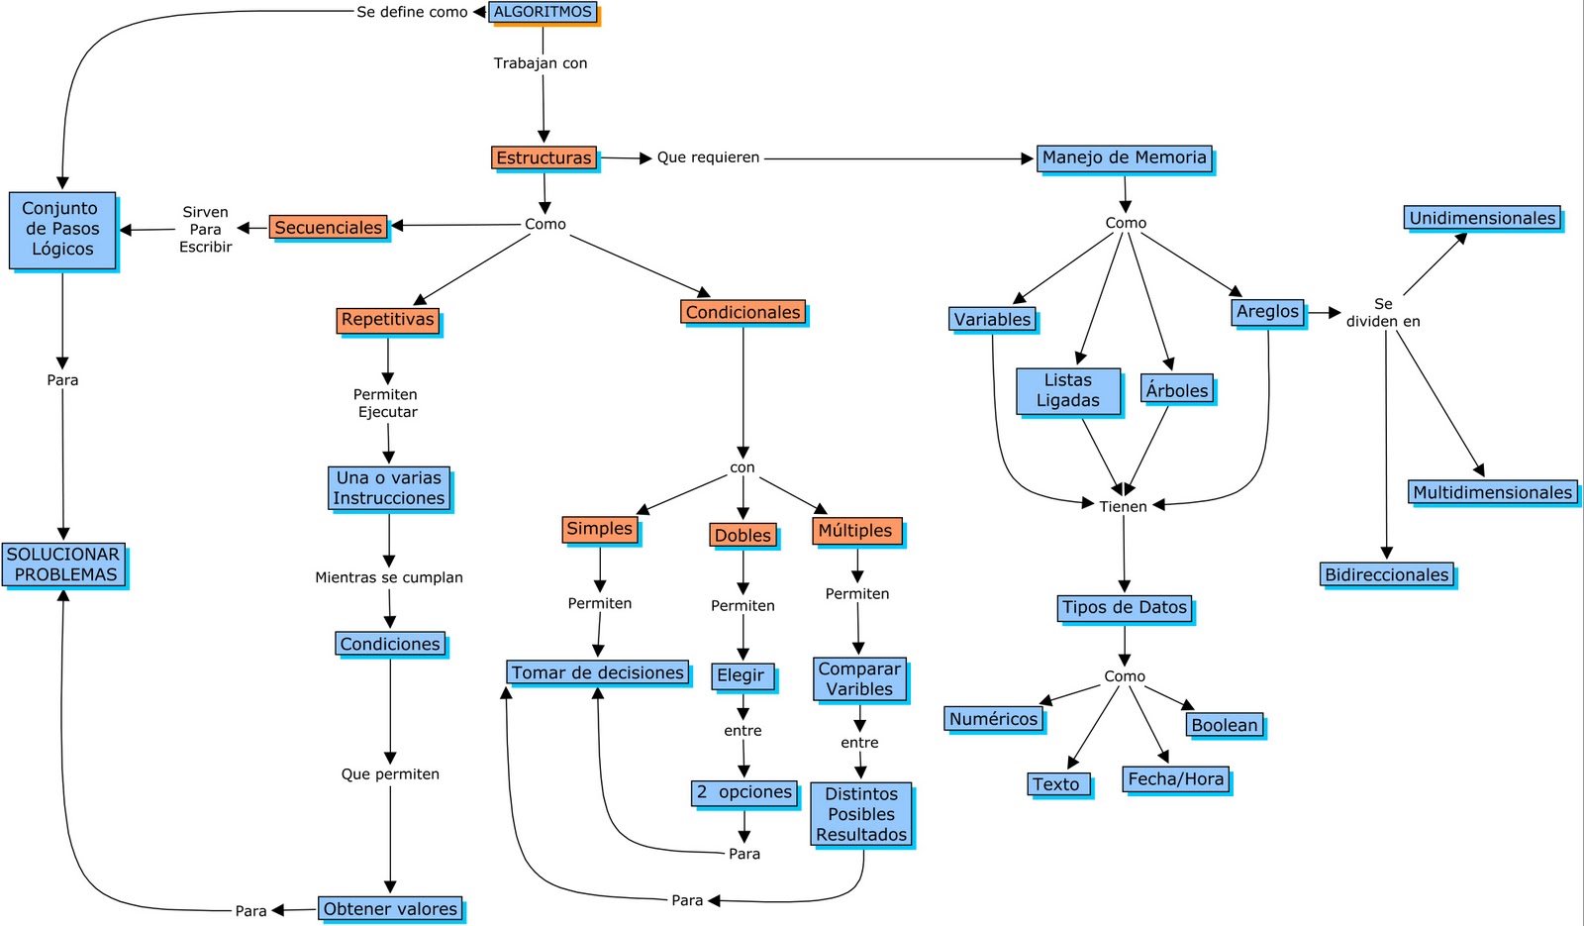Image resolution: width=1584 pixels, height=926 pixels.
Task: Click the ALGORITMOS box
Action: click(543, 12)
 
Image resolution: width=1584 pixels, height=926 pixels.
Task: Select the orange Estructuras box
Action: click(544, 157)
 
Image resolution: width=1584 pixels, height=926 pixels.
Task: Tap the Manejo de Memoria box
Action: click(1124, 157)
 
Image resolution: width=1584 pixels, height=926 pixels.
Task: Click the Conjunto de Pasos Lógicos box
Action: click(61, 230)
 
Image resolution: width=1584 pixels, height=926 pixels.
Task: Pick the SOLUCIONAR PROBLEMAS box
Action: click(63, 565)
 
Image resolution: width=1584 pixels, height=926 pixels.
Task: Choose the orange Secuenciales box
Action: click(328, 227)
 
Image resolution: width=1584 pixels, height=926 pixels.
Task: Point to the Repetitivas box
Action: click(387, 320)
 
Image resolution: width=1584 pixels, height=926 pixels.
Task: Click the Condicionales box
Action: click(742, 312)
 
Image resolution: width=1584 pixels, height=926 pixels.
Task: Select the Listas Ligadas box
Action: click(1068, 390)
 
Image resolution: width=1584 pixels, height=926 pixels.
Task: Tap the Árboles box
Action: click(1176, 389)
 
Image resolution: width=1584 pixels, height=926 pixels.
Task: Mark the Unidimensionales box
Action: click(1482, 218)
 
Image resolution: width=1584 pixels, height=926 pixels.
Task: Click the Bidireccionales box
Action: click(1387, 574)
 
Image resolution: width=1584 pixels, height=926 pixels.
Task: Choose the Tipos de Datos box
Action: click(1124, 607)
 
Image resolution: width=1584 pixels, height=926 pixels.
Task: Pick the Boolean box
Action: click(1225, 725)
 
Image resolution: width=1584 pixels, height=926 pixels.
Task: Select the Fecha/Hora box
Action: click(1176, 779)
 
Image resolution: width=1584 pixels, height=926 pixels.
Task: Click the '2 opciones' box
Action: click(743, 792)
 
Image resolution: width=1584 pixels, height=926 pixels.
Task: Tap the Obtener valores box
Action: click(390, 908)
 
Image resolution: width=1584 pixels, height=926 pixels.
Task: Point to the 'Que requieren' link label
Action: click(708, 157)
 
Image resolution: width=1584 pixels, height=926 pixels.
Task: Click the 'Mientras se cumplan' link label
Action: click(389, 577)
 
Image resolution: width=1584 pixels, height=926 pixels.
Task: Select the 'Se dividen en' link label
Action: click(1383, 312)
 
